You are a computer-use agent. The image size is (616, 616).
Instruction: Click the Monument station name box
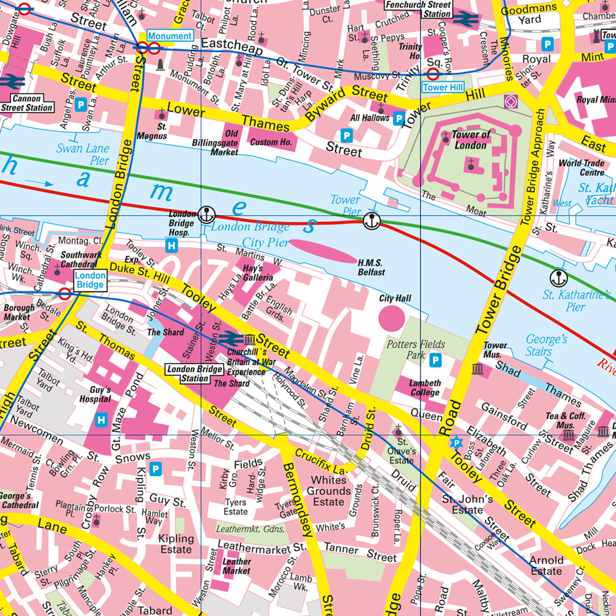pos(169,36)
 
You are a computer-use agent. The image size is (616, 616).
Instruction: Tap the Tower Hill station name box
pos(442,87)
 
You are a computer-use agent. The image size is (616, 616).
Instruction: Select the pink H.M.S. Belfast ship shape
pos(323,251)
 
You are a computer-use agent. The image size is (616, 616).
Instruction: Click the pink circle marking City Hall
pos(391,317)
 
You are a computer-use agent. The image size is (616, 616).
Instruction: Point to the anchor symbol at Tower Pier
pos(371,220)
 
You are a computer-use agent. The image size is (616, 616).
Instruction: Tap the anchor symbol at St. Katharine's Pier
pos(559,277)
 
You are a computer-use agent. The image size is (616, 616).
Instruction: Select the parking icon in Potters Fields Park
pos(436,360)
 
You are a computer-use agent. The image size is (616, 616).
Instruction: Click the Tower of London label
pos(471,140)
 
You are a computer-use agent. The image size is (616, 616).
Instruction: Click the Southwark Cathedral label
pos(81,259)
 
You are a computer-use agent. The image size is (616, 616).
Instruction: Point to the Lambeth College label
pos(425,387)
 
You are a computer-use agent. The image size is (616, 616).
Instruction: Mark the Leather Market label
pos(237,566)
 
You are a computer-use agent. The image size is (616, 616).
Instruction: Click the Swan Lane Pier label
pos(83,153)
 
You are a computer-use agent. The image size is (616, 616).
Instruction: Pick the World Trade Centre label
pos(581,168)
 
